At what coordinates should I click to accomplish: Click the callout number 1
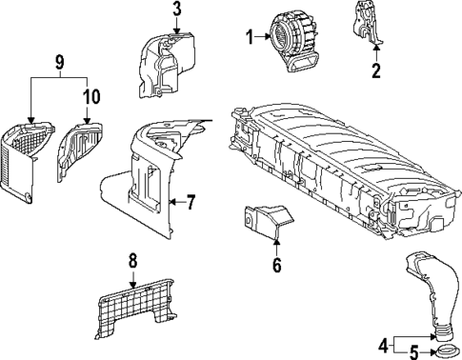tap(250, 37)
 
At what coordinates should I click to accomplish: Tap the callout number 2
tap(376, 70)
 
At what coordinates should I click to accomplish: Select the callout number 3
tap(177, 9)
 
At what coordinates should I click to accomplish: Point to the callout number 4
tap(384, 345)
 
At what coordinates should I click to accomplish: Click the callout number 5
tap(414, 352)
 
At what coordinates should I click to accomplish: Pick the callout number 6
tap(277, 265)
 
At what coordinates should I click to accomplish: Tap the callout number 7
tap(191, 202)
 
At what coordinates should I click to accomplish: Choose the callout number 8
tap(132, 261)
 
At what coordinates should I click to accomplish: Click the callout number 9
tap(59, 62)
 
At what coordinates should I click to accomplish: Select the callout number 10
tap(91, 96)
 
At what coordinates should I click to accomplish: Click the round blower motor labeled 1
tap(293, 39)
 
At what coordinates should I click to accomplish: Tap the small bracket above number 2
tap(368, 23)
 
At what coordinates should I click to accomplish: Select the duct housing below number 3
tap(167, 64)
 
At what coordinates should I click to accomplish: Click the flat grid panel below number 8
tap(135, 307)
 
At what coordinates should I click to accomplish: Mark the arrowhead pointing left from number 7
tap(172, 202)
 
